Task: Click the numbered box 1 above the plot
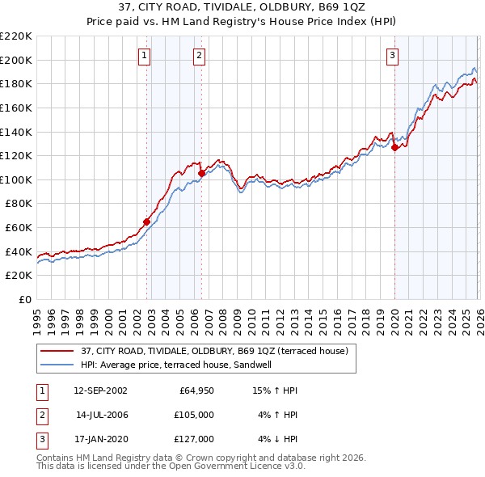coord(144,56)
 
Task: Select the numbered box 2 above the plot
coord(198,56)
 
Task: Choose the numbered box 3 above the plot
coord(392,56)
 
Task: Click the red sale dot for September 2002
coord(146,222)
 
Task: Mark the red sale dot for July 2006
coord(201,173)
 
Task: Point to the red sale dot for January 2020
coord(394,147)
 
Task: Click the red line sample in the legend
coord(58,351)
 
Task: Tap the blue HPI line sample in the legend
coord(58,365)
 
